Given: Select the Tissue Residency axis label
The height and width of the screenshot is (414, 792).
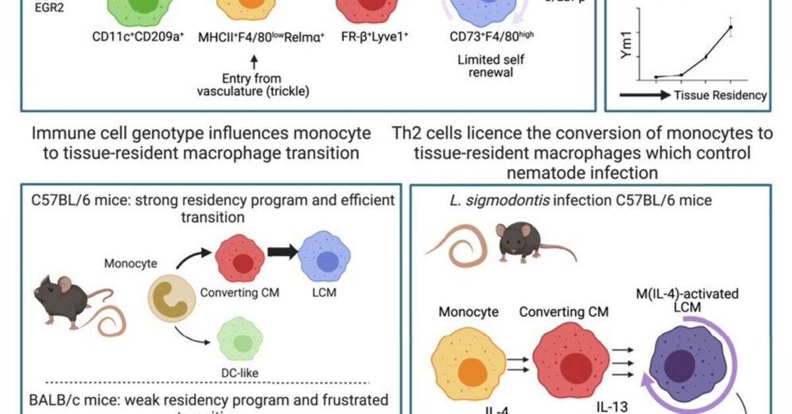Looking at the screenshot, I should [x=720, y=96].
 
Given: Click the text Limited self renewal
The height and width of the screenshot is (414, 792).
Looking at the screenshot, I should [x=486, y=65].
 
